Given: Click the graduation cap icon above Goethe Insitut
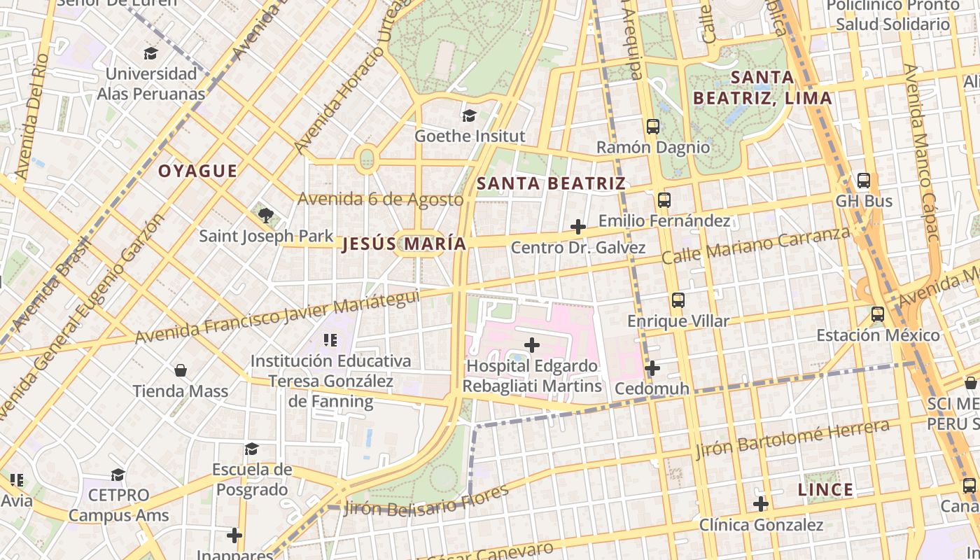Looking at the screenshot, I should (x=468, y=115).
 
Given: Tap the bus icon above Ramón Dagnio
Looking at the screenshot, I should (x=652, y=127).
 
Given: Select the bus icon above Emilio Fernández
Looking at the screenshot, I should (x=664, y=200).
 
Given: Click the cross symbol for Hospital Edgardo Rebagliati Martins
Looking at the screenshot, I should (x=532, y=345).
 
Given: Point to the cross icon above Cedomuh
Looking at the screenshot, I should (x=652, y=367).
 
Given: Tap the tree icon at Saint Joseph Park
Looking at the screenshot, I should (x=265, y=215).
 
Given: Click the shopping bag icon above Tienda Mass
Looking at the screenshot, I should (x=181, y=370).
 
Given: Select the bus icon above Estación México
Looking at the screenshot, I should (x=878, y=314).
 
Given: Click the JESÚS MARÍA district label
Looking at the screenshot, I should (x=404, y=244).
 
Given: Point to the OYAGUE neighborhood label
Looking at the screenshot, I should (x=197, y=171).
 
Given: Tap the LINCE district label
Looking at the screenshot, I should (x=826, y=489).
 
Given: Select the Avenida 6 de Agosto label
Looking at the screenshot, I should (x=380, y=199).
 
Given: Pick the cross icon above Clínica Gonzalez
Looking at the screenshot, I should (x=761, y=503).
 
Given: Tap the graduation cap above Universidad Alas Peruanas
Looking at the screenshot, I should (x=150, y=53).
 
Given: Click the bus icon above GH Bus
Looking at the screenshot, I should (x=864, y=181).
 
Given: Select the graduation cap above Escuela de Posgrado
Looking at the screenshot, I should (x=251, y=449).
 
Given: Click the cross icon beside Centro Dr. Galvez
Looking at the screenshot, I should (x=578, y=227).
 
